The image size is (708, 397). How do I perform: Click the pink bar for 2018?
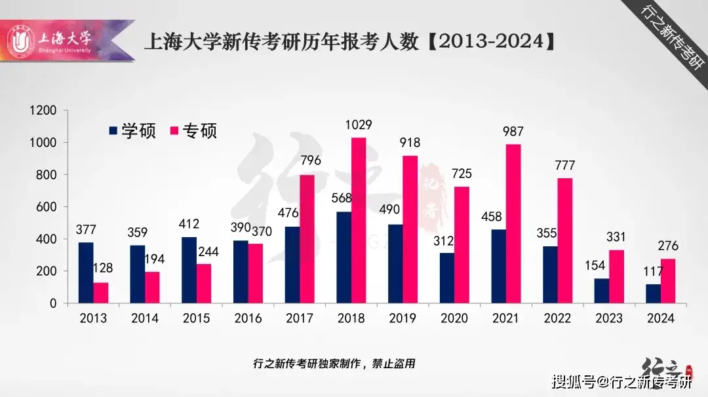(359, 221)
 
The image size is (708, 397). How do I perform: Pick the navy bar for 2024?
(653, 293)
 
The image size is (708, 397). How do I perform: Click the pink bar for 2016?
(255, 273)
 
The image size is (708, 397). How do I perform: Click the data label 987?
(513, 132)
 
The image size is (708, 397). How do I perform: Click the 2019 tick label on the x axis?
(403, 318)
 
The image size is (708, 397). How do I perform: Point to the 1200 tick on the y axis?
(44, 111)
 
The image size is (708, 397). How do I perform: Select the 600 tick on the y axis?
(47, 207)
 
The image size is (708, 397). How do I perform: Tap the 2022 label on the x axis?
(558, 318)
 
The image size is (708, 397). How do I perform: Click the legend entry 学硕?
(132, 130)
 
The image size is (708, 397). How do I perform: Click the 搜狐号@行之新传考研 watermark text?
(621, 381)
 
